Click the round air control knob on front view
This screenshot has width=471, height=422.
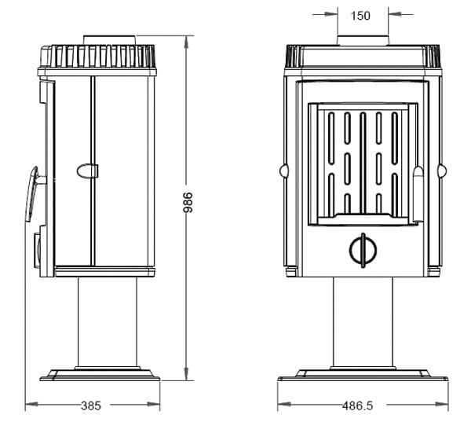click(x=362, y=249)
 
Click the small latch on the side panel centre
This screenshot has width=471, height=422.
click(x=87, y=169)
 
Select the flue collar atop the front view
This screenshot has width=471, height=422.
click(x=362, y=41)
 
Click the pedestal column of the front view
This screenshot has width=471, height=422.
click(x=362, y=322)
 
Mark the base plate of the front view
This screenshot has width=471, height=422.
click(x=362, y=375)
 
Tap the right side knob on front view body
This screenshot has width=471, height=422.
click(x=442, y=170)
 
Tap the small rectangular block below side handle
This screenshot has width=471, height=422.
click(x=37, y=248)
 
